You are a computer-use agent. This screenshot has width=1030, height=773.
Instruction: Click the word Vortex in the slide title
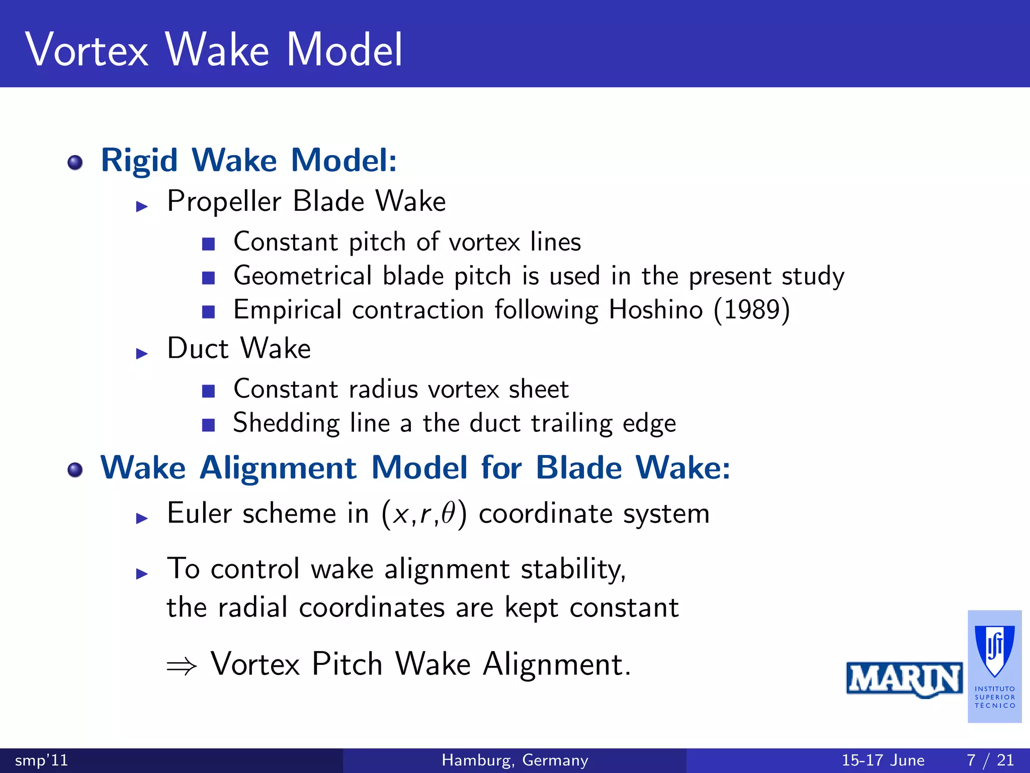(x=87, y=50)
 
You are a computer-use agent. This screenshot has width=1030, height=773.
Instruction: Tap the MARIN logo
(x=904, y=679)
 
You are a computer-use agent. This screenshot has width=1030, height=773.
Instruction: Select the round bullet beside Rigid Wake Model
(x=75, y=163)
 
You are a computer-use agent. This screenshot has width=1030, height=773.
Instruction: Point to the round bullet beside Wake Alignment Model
(x=75, y=470)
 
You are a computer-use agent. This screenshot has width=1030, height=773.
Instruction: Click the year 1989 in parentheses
(x=752, y=310)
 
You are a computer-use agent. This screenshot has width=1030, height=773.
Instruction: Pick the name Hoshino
(x=656, y=310)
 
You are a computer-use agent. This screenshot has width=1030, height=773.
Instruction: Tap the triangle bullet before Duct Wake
(x=142, y=353)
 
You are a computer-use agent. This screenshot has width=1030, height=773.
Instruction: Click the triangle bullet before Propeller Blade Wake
(x=142, y=206)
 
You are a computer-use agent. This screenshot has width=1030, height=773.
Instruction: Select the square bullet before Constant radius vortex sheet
(x=208, y=391)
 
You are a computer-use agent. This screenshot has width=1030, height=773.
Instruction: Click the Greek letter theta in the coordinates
(x=448, y=513)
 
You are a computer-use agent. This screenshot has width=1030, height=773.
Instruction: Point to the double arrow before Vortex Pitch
(x=182, y=666)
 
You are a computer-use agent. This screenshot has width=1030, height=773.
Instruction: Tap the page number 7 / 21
(x=990, y=760)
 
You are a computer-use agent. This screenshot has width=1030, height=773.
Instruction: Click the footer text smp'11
(x=41, y=760)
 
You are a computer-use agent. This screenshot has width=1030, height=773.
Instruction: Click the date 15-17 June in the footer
(x=883, y=760)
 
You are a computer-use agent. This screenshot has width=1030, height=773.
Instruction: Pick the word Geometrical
(x=303, y=276)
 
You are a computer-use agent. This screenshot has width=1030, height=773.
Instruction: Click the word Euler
(x=199, y=513)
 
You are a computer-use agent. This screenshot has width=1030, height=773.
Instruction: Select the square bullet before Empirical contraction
(x=208, y=312)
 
